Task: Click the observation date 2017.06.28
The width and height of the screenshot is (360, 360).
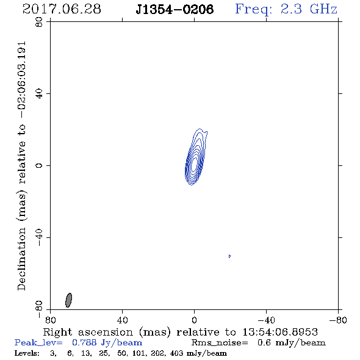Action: point(62,9)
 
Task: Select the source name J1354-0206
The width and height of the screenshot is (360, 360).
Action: point(175,10)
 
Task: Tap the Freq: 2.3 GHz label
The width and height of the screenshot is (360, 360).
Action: point(286,10)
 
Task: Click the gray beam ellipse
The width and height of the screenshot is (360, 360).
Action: point(69,300)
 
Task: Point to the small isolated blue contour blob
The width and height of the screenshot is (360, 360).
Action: point(229,256)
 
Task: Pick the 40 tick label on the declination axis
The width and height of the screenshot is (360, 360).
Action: point(39,93)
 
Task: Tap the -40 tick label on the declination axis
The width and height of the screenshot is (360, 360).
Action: point(39,237)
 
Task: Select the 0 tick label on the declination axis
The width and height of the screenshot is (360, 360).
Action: point(39,165)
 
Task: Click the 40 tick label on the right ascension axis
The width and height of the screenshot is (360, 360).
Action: point(122,320)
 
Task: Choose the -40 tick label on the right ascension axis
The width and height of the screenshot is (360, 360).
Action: point(266,320)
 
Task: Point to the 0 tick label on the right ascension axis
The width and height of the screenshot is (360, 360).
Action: point(194,320)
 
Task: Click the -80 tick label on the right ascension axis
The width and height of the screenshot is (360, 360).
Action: point(338,320)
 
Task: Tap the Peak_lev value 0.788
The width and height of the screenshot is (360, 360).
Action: point(84,342)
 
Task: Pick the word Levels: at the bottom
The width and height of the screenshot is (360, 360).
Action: point(27,353)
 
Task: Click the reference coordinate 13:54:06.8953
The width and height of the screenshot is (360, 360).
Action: point(280,332)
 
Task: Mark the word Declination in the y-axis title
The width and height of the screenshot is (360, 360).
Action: point(21,259)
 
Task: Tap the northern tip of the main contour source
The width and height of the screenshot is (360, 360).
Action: point(200,128)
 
